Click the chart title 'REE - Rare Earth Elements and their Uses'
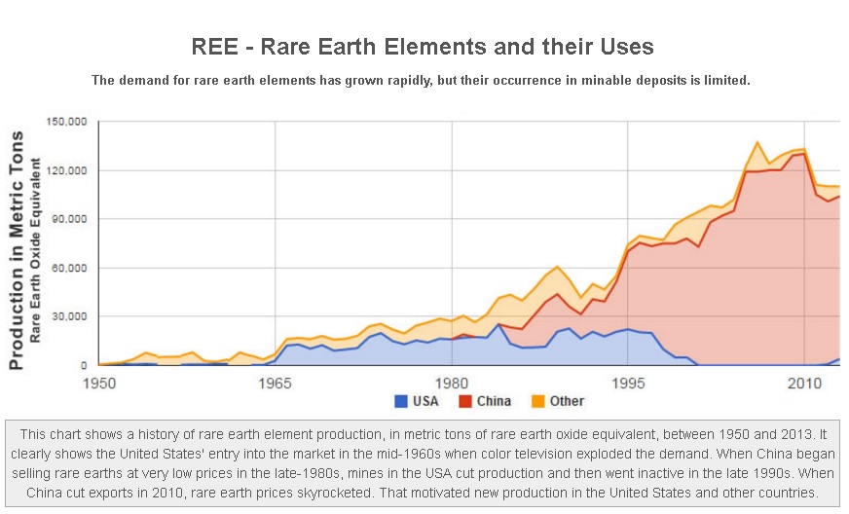[422, 46]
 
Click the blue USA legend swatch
[400, 401]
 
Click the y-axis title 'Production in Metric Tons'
[17, 252]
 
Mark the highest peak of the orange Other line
[757, 142]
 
